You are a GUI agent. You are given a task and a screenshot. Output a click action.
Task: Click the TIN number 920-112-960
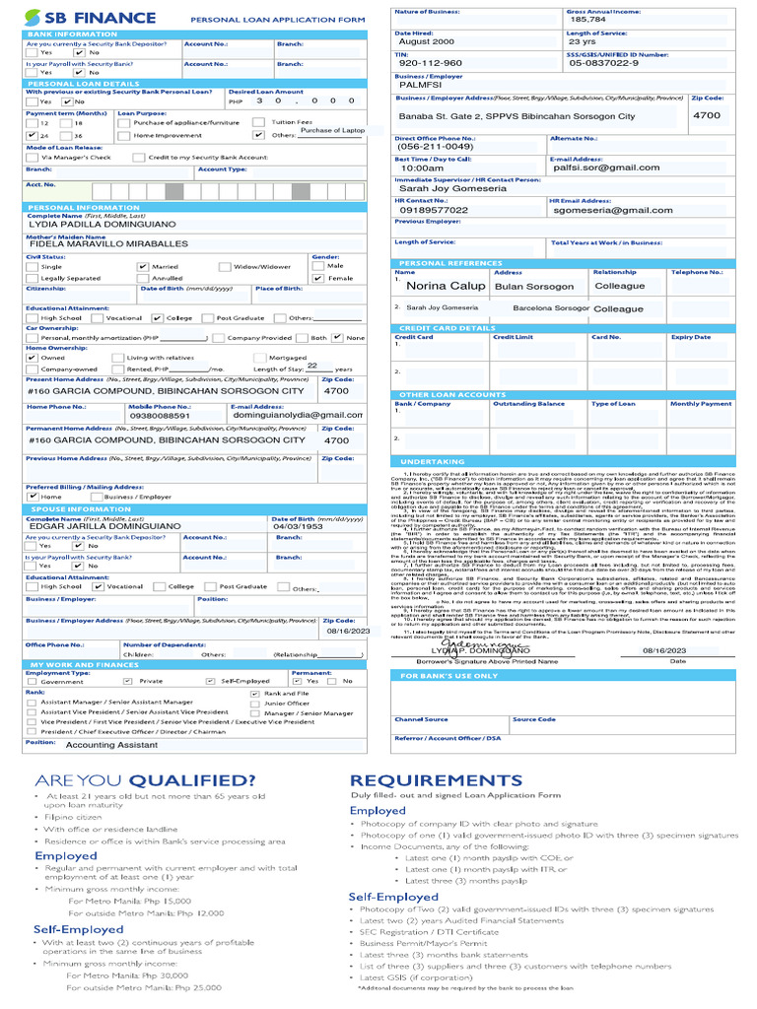coord(430,63)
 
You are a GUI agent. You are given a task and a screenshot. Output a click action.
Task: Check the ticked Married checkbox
coord(143,266)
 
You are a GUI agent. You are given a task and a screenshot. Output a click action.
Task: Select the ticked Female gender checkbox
coord(317,279)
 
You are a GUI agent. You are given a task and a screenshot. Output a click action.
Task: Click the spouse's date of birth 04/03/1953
coord(298,526)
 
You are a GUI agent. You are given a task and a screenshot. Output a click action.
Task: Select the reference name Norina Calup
coord(446,286)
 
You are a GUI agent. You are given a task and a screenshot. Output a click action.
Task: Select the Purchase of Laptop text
coord(332,130)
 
